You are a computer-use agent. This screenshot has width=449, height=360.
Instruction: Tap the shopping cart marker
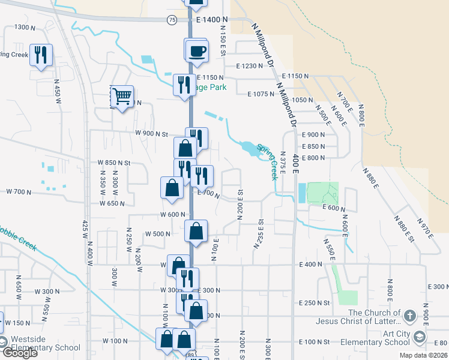tap(122, 96)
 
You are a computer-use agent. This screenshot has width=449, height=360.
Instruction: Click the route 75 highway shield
tap(172, 20)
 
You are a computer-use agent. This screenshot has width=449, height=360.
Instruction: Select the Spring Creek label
tap(268, 161)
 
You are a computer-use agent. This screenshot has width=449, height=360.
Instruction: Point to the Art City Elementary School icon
tap(419, 336)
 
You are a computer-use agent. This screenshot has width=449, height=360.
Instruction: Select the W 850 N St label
tap(114, 163)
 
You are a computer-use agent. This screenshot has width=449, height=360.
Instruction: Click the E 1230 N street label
tap(250, 66)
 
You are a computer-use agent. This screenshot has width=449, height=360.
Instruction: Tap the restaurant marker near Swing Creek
tap(41, 55)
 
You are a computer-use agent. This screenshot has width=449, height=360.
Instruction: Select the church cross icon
tap(409, 315)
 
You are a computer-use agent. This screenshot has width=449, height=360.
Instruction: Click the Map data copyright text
tap(424, 355)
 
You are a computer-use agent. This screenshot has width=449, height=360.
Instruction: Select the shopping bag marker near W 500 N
tap(196, 230)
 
